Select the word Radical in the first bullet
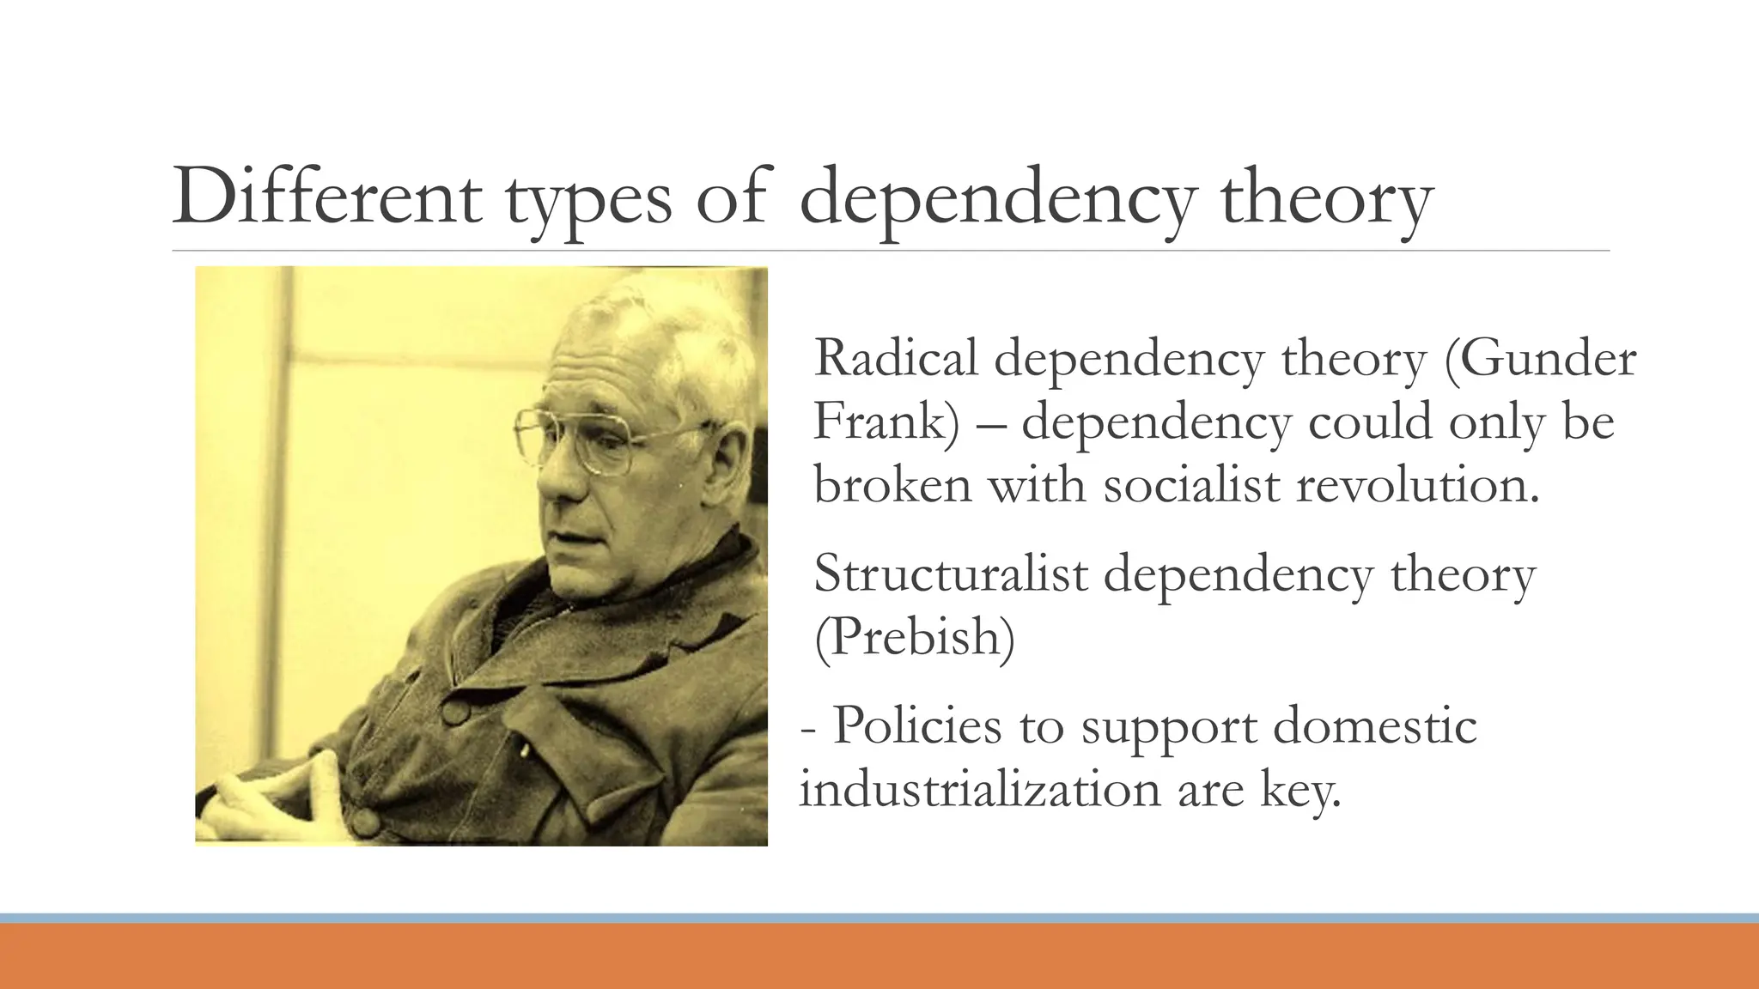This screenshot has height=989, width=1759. point(896,358)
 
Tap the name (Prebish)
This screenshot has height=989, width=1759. point(914,636)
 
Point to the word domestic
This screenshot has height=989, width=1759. point(1374,725)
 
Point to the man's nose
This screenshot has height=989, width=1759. point(554,489)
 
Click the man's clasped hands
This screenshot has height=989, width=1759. point(283,790)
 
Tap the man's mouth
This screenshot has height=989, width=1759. point(567,538)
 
